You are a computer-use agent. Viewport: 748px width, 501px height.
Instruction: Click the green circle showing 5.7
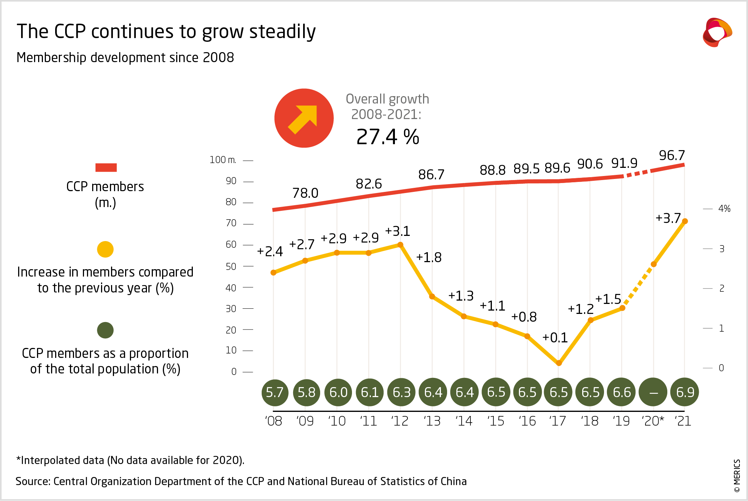(x=275, y=392)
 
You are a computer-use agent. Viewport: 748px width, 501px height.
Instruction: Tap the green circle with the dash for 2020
(x=654, y=392)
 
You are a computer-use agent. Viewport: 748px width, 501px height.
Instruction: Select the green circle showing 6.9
(x=685, y=392)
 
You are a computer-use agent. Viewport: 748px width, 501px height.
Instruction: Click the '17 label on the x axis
(x=558, y=421)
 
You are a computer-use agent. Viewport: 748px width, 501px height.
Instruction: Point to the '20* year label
(x=653, y=421)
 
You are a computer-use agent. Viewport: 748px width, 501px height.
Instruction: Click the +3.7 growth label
(x=668, y=218)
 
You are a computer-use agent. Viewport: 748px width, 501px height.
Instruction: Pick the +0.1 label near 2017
(x=555, y=338)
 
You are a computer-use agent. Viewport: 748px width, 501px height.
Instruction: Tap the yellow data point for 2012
(x=400, y=245)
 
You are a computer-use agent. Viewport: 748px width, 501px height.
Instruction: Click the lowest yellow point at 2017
(x=559, y=363)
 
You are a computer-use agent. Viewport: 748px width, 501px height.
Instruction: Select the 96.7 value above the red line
(x=672, y=155)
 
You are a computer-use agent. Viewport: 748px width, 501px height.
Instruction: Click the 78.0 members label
(x=305, y=193)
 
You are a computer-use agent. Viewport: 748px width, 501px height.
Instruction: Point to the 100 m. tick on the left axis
(x=222, y=160)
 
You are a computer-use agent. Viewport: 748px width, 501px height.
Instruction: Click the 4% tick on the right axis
(x=724, y=209)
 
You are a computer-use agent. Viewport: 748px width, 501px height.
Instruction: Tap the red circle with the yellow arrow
(x=304, y=118)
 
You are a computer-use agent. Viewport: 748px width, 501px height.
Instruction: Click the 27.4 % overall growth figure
(x=388, y=137)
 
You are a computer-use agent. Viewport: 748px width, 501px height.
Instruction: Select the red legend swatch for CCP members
(x=106, y=167)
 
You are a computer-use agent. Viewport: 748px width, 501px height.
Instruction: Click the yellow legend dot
(x=105, y=249)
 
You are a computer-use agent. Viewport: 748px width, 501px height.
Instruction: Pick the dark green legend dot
(x=105, y=330)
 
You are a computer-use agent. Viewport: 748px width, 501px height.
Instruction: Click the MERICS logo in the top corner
(x=717, y=33)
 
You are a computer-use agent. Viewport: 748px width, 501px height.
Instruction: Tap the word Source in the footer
(x=32, y=481)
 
